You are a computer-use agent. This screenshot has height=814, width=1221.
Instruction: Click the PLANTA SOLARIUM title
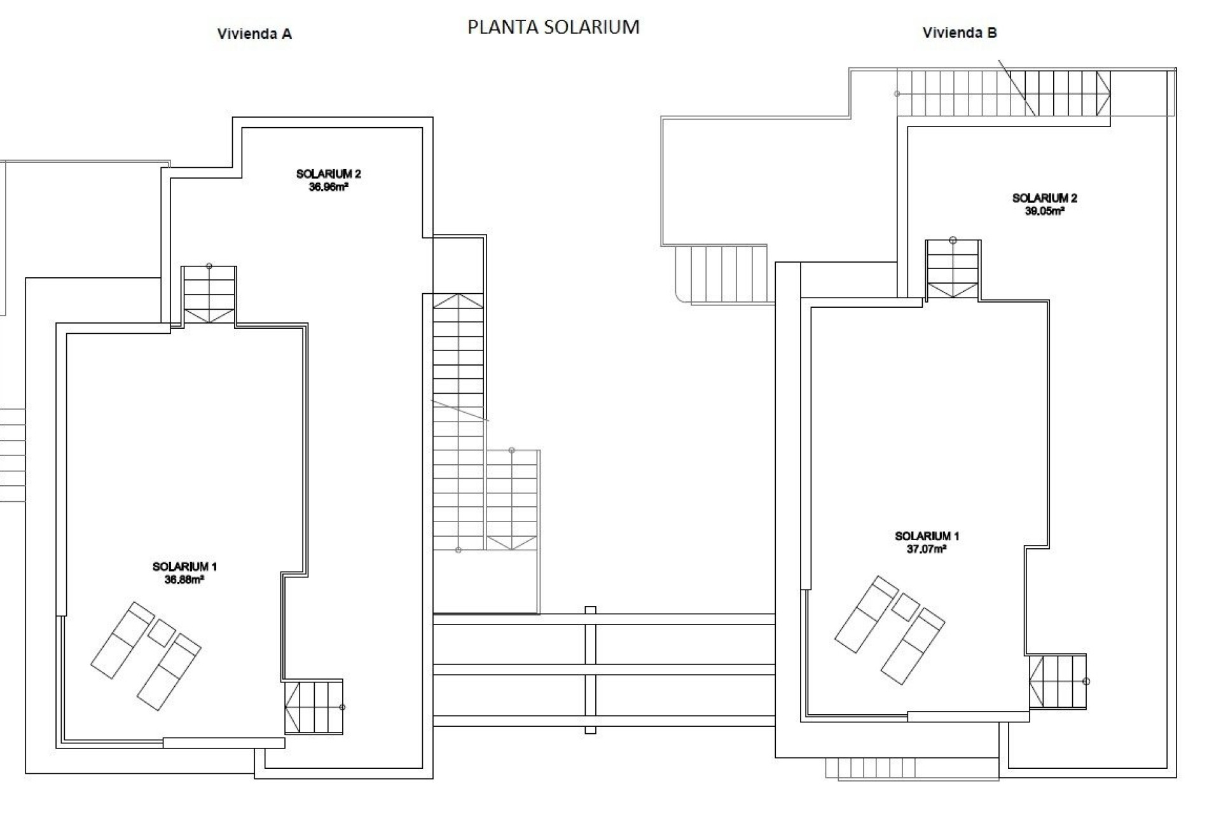(553, 27)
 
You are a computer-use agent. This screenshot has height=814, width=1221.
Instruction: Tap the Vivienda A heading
(254, 34)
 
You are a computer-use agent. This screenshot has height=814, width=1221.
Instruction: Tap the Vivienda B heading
(960, 33)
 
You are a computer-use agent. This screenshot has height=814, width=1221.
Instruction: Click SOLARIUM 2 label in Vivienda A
(328, 174)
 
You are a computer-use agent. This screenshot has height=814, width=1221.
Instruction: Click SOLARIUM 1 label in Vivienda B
(927, 536)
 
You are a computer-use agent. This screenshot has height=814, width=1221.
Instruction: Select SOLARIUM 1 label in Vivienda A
(184, 567)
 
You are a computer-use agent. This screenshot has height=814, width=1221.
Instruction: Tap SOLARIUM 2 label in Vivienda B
(1044, 198)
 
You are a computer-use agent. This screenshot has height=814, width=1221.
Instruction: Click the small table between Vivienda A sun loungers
(162, 633)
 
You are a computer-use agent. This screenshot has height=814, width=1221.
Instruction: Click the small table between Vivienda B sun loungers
(906, 607)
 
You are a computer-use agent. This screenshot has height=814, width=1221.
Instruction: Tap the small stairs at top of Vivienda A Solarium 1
(209, 296)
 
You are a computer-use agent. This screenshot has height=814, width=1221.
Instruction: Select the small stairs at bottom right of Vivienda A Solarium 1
(314, 707)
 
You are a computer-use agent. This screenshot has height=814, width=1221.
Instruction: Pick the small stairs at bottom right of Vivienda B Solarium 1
(1058, 681)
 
